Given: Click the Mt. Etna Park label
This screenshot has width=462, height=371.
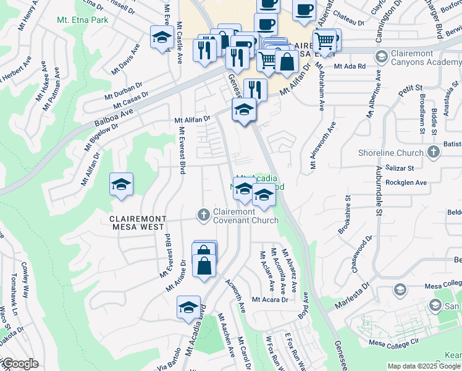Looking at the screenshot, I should pos(82,20).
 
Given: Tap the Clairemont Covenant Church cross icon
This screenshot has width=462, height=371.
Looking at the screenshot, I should pos(203,215).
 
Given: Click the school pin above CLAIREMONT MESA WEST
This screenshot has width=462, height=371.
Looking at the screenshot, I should pos(121,184).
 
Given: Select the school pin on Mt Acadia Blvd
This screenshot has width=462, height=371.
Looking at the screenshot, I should pos(189,308).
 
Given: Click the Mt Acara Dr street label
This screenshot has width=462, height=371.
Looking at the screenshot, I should pos(271,300).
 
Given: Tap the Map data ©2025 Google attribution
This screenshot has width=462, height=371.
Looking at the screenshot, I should pos(424,366).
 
